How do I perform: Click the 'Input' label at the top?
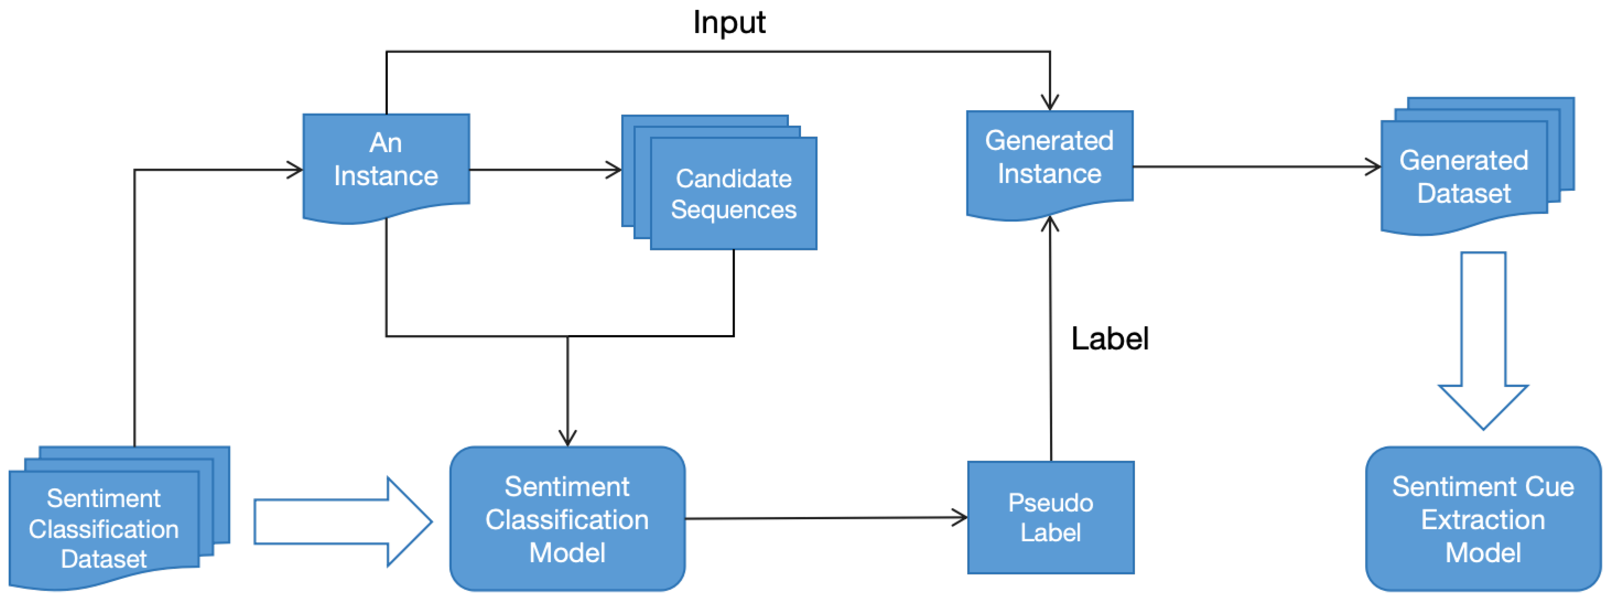[x=729, y=23]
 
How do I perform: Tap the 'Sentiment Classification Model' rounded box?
[x=567, y=518]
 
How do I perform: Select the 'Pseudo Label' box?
[x=1050, y=517]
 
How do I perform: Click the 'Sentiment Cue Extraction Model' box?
[x=1483, y=518]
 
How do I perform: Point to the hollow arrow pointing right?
[x=343, y=522]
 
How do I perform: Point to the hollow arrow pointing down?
[x=1483, y=340]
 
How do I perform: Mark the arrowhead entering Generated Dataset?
[x=1373, y=167]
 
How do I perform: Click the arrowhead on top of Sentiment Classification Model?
[x=567, y=438]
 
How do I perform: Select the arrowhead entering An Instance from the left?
[x=295, y=169]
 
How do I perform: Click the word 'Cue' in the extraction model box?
[x=1548, y=487]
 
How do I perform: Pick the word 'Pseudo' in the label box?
[x=1050, y=502]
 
